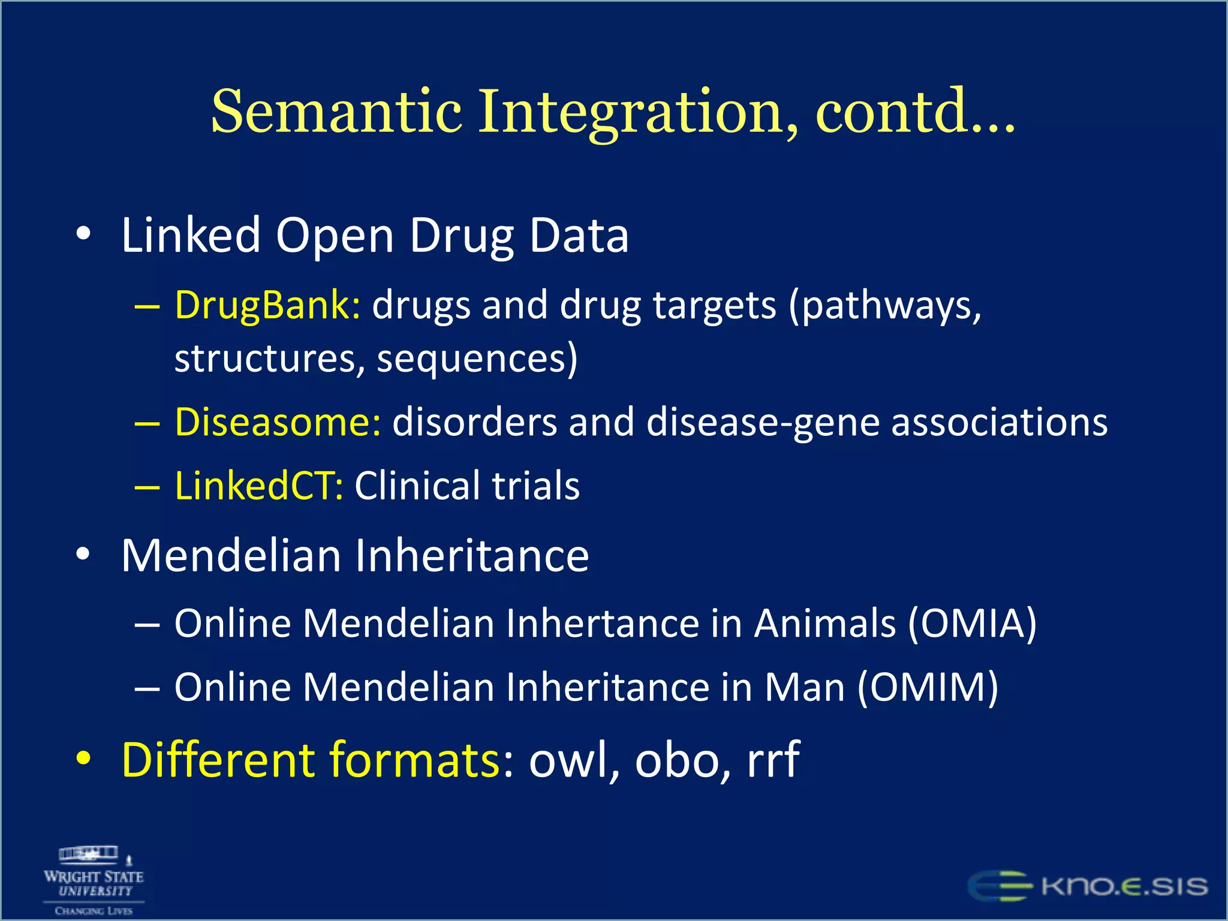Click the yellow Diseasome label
tap(277, 422)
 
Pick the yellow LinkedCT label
tap(258, 485)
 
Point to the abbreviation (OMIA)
tap(972, 623)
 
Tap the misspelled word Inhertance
tap(602, 623)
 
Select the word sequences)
tap(477, 359)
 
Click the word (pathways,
tap(885, 306)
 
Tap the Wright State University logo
tap(94, 880)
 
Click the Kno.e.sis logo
tap(1088, 886)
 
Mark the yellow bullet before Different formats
tap(84, 759)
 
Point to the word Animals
tap(824, 623)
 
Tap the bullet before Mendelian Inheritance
tap(84, 555)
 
